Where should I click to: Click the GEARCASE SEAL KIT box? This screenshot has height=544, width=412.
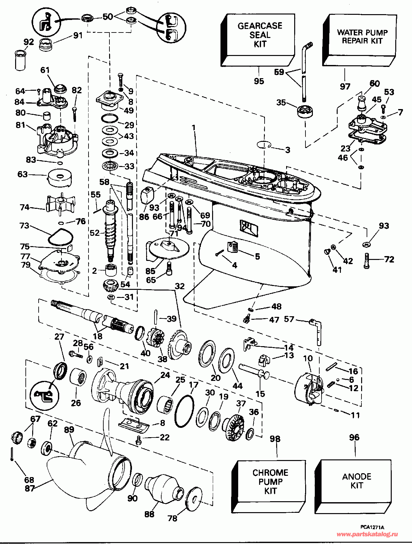[x=258, y=40]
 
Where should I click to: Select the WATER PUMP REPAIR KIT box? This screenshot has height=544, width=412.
[x=360, y=40]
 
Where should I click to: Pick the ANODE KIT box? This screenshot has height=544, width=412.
[x=353, y=486]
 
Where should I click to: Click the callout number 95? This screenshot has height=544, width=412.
[x=259, y=81]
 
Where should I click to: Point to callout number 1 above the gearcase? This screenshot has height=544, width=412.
[x=194, y=128]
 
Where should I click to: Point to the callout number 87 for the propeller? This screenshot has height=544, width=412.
[x=30, y=488]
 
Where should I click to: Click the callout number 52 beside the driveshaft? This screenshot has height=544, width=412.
[x=95, y=233]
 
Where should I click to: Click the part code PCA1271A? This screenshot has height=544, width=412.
[x=372, y=527]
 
